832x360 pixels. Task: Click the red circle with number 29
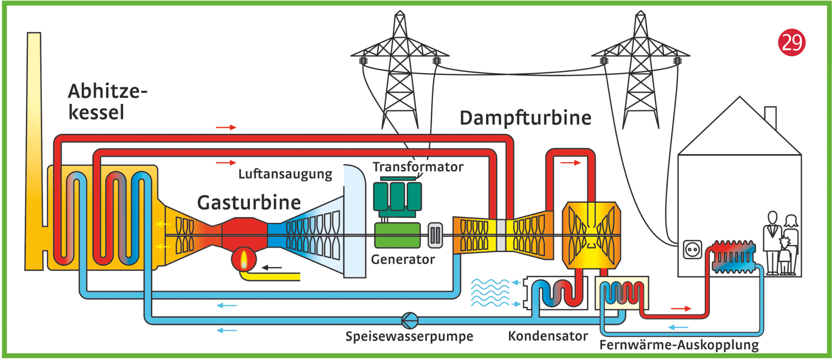pyautogui.click(x=791, y=42)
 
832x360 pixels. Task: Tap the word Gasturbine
pyautogui.click(x=249, y=203)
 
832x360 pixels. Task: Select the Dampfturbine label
pyautogui.click(x=525, y=118)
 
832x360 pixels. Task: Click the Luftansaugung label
pyautogui.click(x=285, y=174)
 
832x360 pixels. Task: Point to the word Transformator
pyautogui.click(x=418, y=167)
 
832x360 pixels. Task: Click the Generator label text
pyautogui.click(x=403, y=259)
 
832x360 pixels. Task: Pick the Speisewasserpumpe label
pyautogui.click(x=409, y=336)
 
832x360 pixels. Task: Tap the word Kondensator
pyautogui.click(x=548, y=336)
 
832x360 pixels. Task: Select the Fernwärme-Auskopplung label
pyautogui.click(x=679, y=345)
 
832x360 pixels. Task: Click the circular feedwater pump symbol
pyautogui.click(x=410, y=320)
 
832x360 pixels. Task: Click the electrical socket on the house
pyautogui.click(x=693, y=249)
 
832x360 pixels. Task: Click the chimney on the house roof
pyautogui.click(x=770, y=117)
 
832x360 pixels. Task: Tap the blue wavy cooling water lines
pyautogui.click(x=490, y=293)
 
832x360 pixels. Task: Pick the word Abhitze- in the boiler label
pyautogui.click(x=107, y=91)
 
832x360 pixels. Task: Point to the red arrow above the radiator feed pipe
pyautogui.click(x=681, y=309)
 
